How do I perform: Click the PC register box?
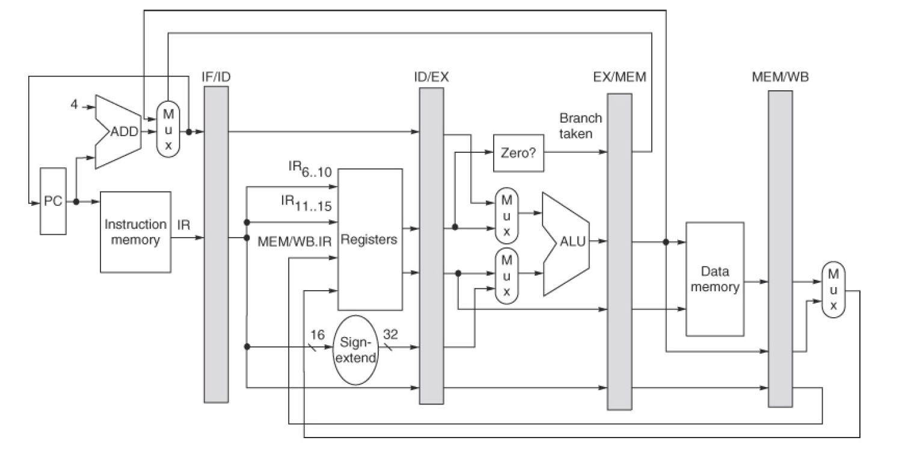(x=53, y=201)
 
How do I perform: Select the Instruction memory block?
(x=135, y=232)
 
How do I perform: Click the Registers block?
(x=369, y=239)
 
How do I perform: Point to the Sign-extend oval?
(x=355, y=349)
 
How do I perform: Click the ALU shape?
(x=566, y=243)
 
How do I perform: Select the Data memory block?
(x=714, y=279)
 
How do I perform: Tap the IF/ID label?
(x=216, y=76)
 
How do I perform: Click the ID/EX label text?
(x=431, y=77)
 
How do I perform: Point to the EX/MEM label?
(x=619, y=77)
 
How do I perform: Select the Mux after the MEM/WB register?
(x=833, y=289)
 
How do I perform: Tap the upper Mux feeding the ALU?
(x=506, y=214)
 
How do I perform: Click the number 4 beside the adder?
(x=75, y=105)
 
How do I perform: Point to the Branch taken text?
(x=580, y=125)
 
